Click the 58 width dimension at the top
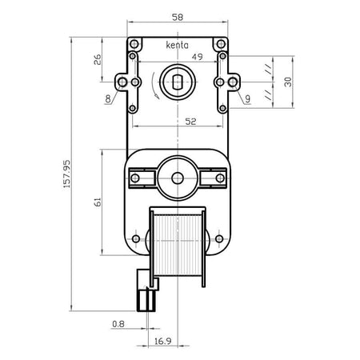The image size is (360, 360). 178,18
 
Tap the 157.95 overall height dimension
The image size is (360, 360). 66,174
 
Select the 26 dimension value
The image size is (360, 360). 98,59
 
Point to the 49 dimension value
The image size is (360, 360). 198,57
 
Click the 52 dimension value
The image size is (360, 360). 190,122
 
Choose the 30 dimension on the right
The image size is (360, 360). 288,82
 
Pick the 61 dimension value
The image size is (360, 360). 98,202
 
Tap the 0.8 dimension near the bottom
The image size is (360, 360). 118,324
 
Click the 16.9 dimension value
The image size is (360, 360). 163,341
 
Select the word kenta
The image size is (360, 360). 177,45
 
